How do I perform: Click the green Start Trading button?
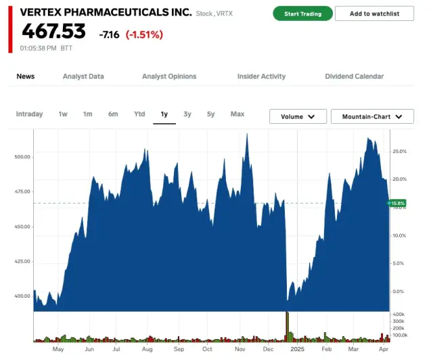pyautogui.click(x=302, y=14)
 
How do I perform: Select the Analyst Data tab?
pyautogui.click(x=83, y=76)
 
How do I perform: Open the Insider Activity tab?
pyautogui.click(x=261, y=76)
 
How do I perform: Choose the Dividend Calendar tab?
pyautogui.click(x=354, y=76)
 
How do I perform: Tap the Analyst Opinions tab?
pyautogui.click(x=169, y=76)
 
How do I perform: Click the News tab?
pyautogui.click(x=26, y=76)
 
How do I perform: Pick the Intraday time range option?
pyautogui.click(x=29, y=114)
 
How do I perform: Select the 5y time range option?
pyautogui.click(x=211, y=114)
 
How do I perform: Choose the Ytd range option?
pyautogui.click(x=139, y=114)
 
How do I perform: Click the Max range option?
pyautogui.click(x=237, y=114)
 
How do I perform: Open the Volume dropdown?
pyautogui.click(x=298, y=116)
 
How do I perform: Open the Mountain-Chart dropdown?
pyautogui.click(x=371, y=116)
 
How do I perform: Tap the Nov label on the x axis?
pyautogui.click(x=240, y=349)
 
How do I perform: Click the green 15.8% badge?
pyautogui.click(x=398, y=203)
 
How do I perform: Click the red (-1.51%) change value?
pyautogui.click(x=144, y=34)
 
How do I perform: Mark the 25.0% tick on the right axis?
pyautogui.click(x=399, y=151)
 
